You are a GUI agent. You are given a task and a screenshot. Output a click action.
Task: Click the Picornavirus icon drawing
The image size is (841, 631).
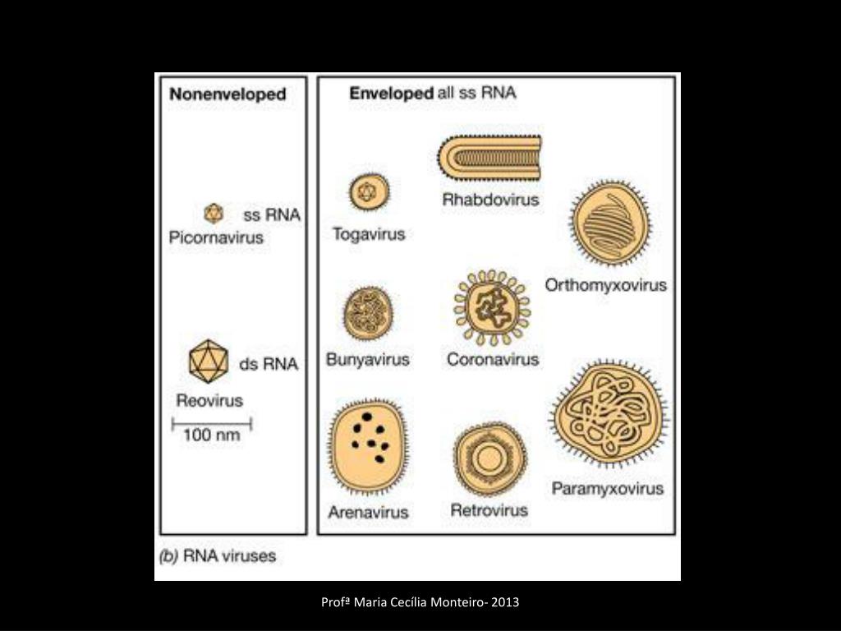[214, 214]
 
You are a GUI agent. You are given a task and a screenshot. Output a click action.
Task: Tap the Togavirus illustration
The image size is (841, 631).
[365, 193]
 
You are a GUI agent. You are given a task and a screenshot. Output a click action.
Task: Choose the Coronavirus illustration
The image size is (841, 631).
[492, 307]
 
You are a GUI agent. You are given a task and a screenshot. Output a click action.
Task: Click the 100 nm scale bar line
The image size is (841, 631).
[212, 425]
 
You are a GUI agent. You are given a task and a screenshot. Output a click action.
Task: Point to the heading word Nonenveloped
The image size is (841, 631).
[227, 94]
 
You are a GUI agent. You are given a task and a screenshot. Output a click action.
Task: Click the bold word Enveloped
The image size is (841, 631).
[391, 93]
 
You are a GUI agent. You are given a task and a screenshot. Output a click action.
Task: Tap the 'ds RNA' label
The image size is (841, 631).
[269, 364]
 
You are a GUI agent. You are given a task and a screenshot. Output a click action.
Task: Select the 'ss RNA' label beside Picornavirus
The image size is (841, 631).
[272, 216]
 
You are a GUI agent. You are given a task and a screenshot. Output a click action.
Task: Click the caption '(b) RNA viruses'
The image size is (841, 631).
[218, 556]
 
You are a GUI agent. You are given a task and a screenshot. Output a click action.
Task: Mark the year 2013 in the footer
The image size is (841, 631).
[506, 603]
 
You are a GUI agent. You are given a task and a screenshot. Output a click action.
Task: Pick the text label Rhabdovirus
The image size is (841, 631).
[490, 200]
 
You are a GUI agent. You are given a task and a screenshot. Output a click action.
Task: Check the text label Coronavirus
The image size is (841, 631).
[493, 359]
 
